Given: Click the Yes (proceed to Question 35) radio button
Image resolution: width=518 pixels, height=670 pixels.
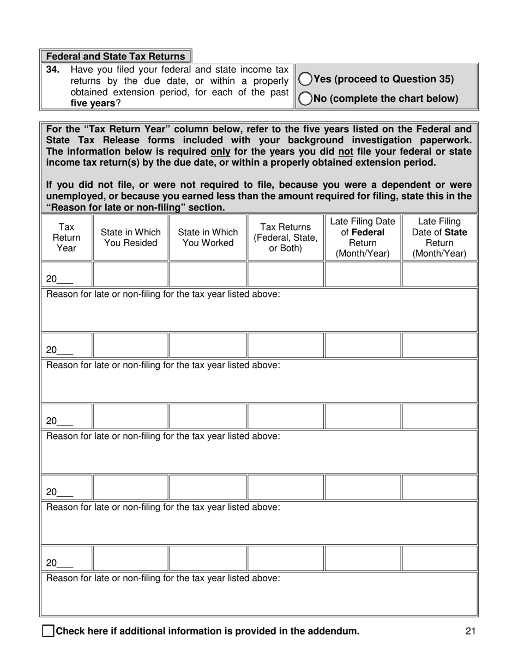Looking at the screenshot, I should pos(306,79).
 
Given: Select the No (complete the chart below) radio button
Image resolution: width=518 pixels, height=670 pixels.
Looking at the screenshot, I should pos(306,99).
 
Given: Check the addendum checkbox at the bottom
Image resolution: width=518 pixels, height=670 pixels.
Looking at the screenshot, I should pos(49,631).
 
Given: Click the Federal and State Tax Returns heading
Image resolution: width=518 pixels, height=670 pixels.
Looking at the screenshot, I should pos(116,57).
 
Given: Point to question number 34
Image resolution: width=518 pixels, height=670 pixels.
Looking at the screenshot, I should pos(52,70).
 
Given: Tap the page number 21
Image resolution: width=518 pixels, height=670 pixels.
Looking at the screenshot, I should pos(472,631).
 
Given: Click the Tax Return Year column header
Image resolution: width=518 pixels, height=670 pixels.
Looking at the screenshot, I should pos(67,237).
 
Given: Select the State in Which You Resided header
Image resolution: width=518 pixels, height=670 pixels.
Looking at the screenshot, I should pos(131,237).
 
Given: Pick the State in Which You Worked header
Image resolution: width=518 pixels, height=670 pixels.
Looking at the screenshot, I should pos(208,237).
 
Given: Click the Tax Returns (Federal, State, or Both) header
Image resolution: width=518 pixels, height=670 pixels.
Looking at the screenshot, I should pos(286,237).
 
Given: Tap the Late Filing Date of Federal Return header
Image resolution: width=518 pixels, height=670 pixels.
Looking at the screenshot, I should pos(363,237).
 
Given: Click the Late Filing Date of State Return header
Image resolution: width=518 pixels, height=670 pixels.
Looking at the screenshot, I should pos(439,237).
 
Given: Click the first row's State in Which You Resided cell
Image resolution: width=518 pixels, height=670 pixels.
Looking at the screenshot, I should pos(131,275).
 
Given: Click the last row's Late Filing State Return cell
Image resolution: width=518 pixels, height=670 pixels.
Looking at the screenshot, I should pos(439,558).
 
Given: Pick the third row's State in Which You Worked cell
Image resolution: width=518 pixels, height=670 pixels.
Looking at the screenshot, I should pos(208,417).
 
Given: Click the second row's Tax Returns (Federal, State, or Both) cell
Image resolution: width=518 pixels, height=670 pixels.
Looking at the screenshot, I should pos(286,345).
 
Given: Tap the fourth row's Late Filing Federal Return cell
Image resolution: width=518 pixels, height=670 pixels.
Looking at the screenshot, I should pos(363,488).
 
